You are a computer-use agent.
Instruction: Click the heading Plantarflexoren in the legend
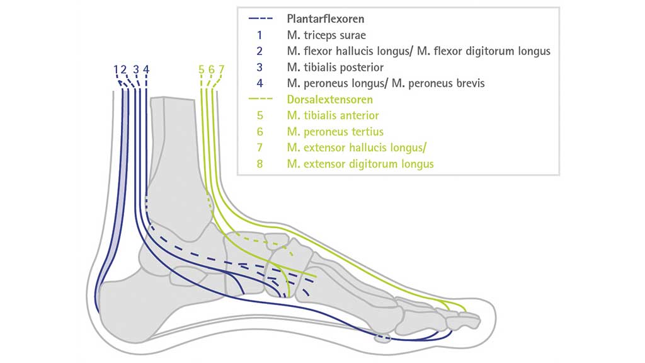pos(326,19)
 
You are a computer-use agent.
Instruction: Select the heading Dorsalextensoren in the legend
pos(329,100)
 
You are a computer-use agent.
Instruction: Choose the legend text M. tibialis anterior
pos(332,115)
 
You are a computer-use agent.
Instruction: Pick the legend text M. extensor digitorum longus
pos(360,164)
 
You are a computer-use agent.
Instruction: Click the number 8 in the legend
pos(259,164)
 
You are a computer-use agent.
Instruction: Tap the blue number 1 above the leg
pos(116,69)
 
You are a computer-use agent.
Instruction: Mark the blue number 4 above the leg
pos(146,69)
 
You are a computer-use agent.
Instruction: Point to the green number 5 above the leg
pos(201,69)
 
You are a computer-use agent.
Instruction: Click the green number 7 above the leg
pos(222,69)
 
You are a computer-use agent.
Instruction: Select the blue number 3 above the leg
pos(136,69)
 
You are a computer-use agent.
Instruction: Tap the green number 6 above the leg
pos(212,69)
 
